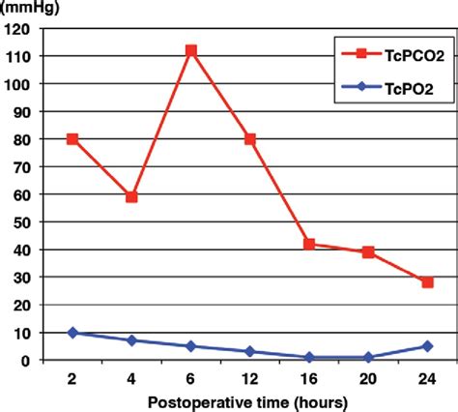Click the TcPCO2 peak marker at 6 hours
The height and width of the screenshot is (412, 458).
[191, 50]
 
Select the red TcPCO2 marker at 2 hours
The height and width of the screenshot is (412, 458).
[72, 138]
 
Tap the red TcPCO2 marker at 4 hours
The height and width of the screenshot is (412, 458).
[131, 197]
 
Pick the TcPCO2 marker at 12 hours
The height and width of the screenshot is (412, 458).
[250, 138]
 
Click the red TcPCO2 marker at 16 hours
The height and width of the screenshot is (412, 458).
[309, 244]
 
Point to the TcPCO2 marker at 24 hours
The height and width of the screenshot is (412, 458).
[427, 282]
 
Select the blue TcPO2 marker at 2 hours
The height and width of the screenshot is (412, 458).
[72, 333]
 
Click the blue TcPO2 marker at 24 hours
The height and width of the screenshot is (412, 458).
[427, 346]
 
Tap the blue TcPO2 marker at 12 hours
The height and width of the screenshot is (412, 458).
[250, 352]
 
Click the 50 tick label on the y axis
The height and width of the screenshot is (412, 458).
[23, 221]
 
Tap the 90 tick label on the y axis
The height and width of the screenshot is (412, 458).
[23, 111]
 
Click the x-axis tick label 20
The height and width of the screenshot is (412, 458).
[368, 376]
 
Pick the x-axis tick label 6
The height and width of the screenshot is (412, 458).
[191, 376]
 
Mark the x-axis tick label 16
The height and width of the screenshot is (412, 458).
[309, 376]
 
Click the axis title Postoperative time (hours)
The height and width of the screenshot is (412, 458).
[249, 399]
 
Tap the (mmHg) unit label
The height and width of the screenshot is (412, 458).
[26, 8]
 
